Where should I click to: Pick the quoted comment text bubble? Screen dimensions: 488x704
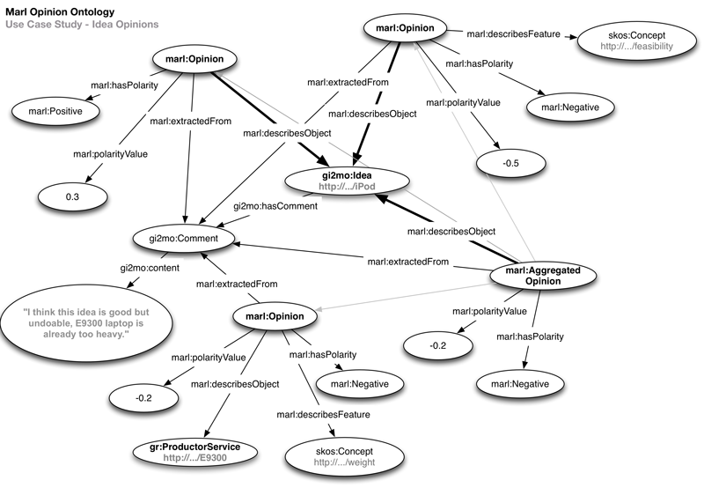pyautogui.click(x=76, y=322)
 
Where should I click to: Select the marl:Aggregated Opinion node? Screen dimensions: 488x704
pyautogui.click(x=543, y=276)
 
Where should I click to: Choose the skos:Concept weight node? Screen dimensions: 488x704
pyautogui.click(x=340, y=456)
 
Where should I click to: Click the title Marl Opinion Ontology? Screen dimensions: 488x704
pyautogui.click(x=61, y=11)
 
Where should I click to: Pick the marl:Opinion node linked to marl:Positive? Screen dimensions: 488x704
pyautogui.click(x=187, y=60)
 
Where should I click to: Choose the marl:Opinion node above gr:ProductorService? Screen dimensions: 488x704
pyautogui.click(x=275, y=315)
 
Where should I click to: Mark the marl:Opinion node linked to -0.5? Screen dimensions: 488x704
pyautogui.click(x=402, y=31)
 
